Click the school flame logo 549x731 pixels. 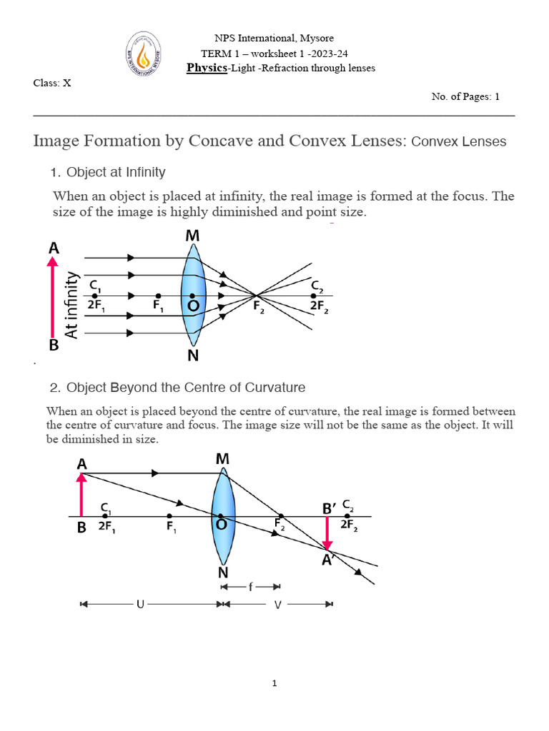tap(144, 53)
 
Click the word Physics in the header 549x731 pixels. tap(207, 68)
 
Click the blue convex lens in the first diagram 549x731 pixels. tap(194, 295)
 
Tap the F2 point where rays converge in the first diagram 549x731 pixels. tap(257, 295)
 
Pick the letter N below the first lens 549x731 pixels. tap(193, 355)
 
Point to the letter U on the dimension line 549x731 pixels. tap(140, 604)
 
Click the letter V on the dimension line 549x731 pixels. tap(277, 604)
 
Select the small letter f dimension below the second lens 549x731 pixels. tap(249, 587)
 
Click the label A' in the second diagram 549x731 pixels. tap(329, 561)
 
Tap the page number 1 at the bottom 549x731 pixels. tap(274, 683)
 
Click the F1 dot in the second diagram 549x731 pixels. tap(169, 515)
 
